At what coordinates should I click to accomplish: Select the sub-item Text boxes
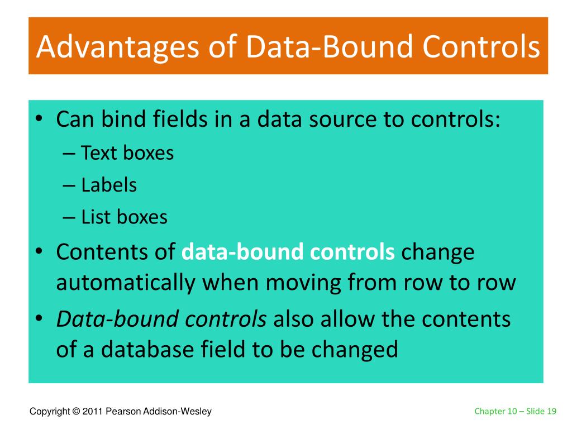pyautogui.click(x=127, y=153)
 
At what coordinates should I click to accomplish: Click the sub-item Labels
pyautogui.click(x=109, y=185)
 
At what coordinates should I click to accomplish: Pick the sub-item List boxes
pyautogui.click(x=124, y=217)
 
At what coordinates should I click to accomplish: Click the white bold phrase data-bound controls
pyautogui.click(x=288, y=252)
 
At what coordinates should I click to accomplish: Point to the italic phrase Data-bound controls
pyautogui.click(x=161, y=319)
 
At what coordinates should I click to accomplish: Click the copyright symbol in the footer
pyautogui.click(x=75, y=412)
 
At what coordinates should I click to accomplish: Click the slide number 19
pyautogui.click(x=552, y=412)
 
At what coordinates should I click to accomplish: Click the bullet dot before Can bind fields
pyautogui.click(x=41, y=120)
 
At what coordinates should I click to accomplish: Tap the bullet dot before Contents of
pyautogui.click(x=41, y=253)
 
